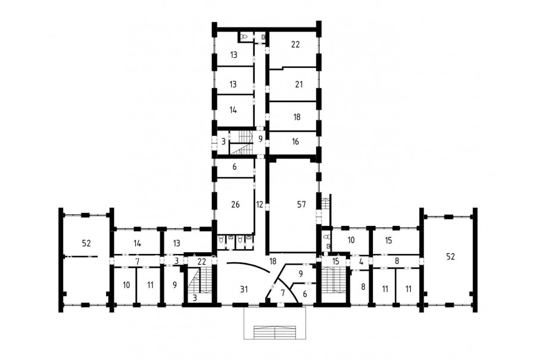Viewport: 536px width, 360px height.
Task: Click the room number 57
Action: point(301,204)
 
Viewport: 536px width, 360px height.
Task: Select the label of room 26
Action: point(235,204)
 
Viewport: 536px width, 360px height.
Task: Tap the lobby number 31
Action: point(244,290)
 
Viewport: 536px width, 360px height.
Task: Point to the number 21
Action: point(299,85)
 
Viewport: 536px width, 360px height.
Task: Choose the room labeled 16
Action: point(295,141)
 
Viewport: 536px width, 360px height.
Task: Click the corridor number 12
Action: point(260,204)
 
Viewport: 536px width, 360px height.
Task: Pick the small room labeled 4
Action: point(362,262)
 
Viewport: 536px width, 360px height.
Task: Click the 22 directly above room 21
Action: point(295,45)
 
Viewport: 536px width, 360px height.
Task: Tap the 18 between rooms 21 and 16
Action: point(297,117)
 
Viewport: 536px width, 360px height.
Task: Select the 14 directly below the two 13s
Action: point(233,110)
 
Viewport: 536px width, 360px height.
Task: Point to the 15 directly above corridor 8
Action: point(388,240)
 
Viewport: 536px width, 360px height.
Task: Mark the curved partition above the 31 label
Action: point(249,266)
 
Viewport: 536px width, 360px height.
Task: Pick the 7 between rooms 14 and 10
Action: point(137,262)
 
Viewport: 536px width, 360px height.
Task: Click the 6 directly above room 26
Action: point(235,167)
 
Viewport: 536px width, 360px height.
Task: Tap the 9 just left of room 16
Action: point(260,139)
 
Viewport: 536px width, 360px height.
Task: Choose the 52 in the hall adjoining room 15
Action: point(450,256)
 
